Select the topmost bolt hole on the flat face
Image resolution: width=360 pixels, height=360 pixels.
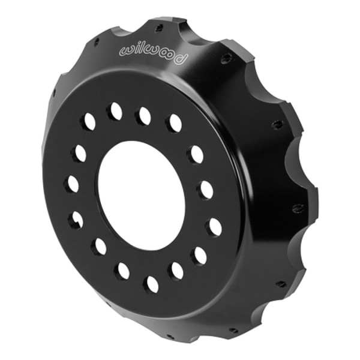tap(114, 111)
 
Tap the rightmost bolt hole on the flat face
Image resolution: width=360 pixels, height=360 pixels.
tap(215, 227)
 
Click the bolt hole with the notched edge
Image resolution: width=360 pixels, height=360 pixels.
tap(74, 221)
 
